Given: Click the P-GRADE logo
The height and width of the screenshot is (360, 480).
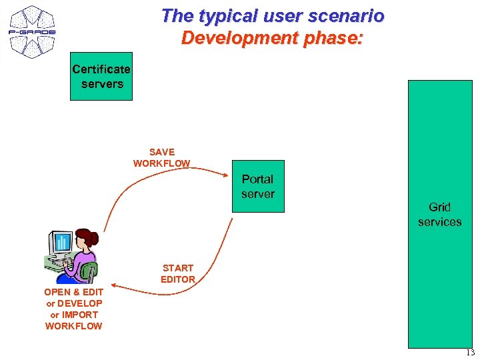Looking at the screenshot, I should click(32, 31).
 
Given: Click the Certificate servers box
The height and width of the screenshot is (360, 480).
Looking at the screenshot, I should click(101, 76).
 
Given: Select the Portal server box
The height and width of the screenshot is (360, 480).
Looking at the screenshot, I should click(258, 186).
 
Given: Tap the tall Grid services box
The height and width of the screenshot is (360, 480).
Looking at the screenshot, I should click(439, 213).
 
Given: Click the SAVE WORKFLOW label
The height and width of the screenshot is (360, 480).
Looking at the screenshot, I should click(161, 157).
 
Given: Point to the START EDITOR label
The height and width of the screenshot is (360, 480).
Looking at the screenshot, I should click(178, 273).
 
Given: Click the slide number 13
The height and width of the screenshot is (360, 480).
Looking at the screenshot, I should click(470, 353).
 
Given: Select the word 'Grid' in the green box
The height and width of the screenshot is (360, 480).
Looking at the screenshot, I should click(439, 207).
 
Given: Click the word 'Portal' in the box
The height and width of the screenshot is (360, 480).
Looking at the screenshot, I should click(257, 179).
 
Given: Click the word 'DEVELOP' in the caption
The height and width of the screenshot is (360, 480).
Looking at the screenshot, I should click(79, 303).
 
